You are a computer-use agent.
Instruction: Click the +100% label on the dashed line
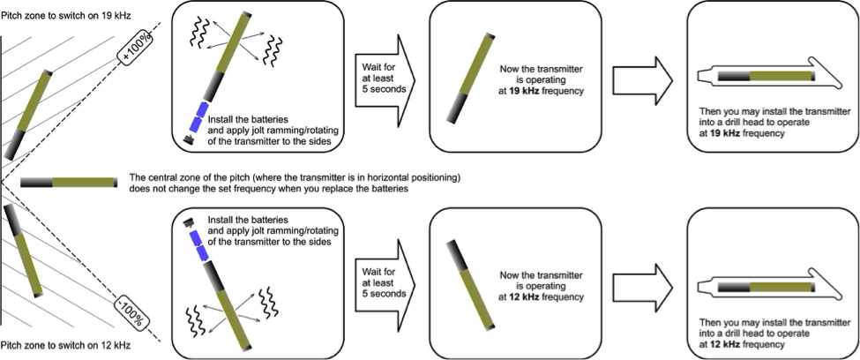coord(132,51)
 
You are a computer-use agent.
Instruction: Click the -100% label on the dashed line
coord(134,308)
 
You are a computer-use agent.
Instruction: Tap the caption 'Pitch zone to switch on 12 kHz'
coord(65,346)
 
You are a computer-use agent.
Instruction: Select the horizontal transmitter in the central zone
coord(69,182)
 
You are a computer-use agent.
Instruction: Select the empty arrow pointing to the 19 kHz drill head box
coord(642,78)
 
